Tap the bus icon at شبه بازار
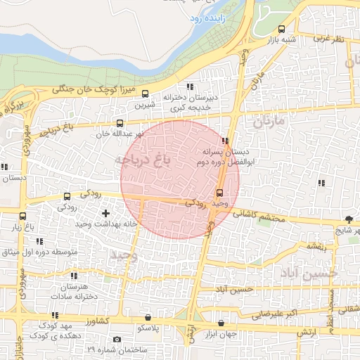click(282, 30)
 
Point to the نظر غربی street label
click(328, 39)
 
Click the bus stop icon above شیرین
click(146, 94)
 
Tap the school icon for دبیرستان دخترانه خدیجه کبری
click(190, 86)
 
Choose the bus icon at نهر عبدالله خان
click(120, 123)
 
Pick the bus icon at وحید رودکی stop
click(219, 193)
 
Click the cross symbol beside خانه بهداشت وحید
click(105, 212)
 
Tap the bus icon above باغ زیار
click(24, 216)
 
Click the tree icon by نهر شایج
click(349, 219)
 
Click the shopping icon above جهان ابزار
click(222, 323)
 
